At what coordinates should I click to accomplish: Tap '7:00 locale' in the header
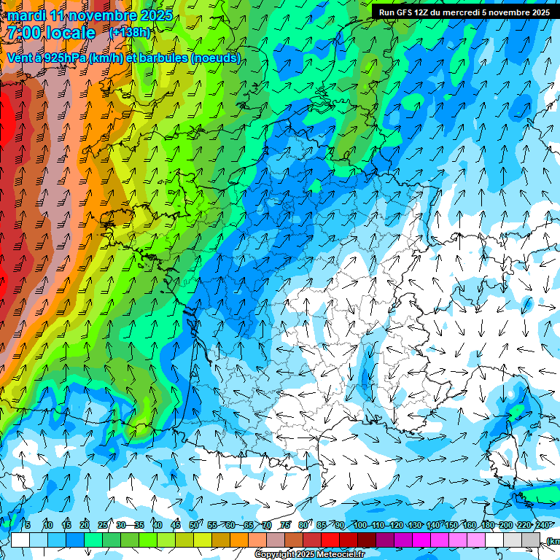[52, 33]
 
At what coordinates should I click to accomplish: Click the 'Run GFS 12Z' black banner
[464, 12]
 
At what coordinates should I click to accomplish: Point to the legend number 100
[360, 525]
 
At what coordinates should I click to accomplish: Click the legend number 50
[194, 525]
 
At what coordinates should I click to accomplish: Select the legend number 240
[542, 525]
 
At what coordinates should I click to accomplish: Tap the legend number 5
[28, 525]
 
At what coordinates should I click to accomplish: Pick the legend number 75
[286, 525]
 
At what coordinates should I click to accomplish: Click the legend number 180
[487, 525]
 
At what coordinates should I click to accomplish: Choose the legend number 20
[85, 525]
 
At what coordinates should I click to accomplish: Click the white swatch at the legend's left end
[20, 540]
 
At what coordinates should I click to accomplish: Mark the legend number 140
[433, 525]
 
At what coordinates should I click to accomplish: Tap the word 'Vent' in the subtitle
[20, 58]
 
